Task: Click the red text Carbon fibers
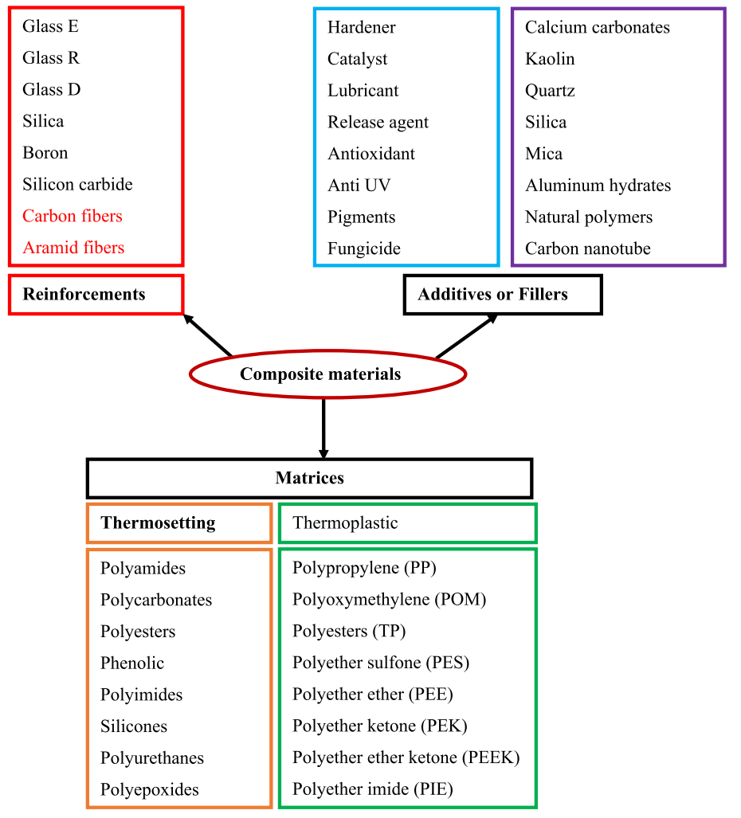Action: pos(73,216)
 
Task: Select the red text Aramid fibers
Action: pos(73,247)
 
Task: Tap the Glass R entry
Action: pos(51,58)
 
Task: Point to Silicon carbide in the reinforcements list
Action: pos(78,184)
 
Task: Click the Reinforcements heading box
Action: pos(96,295)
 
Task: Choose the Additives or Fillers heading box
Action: pos(503,295)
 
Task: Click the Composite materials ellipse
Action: pos(327,374)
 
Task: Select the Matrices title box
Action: pos(309,479)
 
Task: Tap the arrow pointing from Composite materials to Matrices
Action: pos(323,429)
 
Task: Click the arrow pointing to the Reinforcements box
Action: pos(208,335)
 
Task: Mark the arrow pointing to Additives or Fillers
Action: pos(467,336)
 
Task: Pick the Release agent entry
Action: pos(378,122)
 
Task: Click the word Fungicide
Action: pos(364,249)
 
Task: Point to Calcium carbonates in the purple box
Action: pos(598,27)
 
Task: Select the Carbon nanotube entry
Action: pos(588,249)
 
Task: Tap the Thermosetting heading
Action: pos(158,523)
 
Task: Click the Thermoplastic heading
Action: pos(346,523)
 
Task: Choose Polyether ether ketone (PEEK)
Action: pos(406,757)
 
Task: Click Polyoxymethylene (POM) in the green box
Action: pos(390,600)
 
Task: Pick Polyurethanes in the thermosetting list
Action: pos(152,758)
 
